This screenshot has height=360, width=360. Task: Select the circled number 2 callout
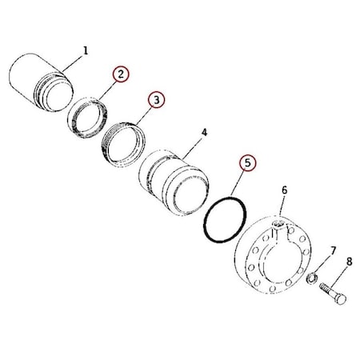120,74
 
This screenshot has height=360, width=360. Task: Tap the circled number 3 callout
156,99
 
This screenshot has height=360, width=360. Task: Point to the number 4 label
204,130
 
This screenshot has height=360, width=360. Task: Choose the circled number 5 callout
248,162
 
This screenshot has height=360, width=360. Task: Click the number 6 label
284,190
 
